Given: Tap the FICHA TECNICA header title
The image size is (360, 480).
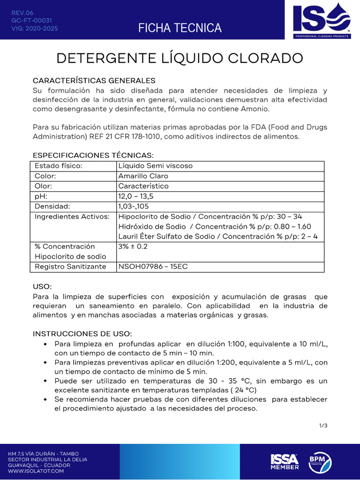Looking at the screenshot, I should [x=180, y=28].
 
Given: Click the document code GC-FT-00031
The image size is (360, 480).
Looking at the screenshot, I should [x=31, y=21].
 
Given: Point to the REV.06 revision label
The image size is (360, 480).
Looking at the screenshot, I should [x=22, y=13].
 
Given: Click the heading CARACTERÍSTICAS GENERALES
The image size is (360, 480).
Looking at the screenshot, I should [x=94, y=81].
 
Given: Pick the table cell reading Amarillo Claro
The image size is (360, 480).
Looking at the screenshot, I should [x=143, y=176].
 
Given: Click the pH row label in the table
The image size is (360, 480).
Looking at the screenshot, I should [x=41, y=196].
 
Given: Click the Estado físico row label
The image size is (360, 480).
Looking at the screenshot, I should [x=59, y=166].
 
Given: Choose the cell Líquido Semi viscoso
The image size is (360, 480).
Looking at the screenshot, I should [x=155, y=166].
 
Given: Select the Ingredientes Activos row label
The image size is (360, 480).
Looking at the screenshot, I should [x=72, y=217].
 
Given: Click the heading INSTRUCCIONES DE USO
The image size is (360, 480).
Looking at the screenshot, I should [x=82, y=334].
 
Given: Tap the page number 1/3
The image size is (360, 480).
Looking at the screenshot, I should [x=323, y=426].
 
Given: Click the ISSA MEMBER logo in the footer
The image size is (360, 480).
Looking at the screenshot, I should [x=285, y=461].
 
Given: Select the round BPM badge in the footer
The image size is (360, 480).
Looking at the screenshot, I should [x=320, y=461].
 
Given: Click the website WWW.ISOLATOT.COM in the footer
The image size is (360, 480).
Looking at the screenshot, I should [x=36, y=471].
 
